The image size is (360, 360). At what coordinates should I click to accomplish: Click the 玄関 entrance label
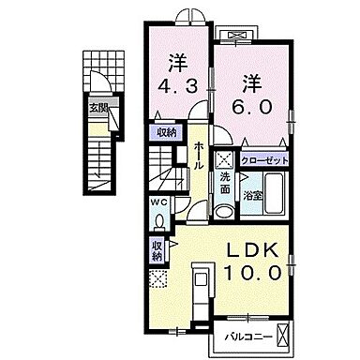click(x=98, y=108)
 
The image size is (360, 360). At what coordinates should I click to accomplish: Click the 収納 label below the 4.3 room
click(x=167, y=131)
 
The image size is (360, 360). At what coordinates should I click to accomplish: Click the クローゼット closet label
click(x=265, y=161)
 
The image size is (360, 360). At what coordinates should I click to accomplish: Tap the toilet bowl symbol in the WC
click(x=161, y=221)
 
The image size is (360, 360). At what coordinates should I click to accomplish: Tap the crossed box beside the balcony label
click(x=287, y=333)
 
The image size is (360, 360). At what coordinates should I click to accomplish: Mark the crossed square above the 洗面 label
click(x=225, y=160)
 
